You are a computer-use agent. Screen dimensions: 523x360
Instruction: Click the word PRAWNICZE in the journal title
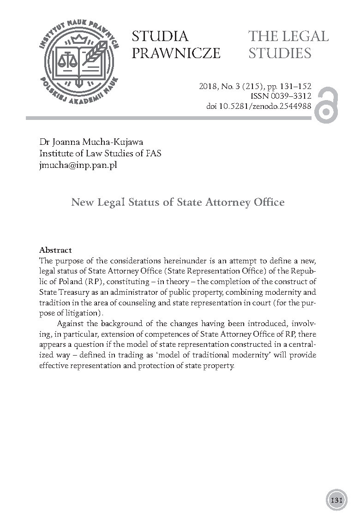point(176,53)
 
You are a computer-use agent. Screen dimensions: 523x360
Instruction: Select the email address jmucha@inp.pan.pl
point(78,165)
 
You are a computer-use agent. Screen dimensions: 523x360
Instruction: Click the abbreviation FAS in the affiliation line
point(152,154)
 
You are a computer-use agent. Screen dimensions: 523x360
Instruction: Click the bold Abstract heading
point(55,250)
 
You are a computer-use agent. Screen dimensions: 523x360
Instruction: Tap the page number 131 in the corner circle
point(336,500)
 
